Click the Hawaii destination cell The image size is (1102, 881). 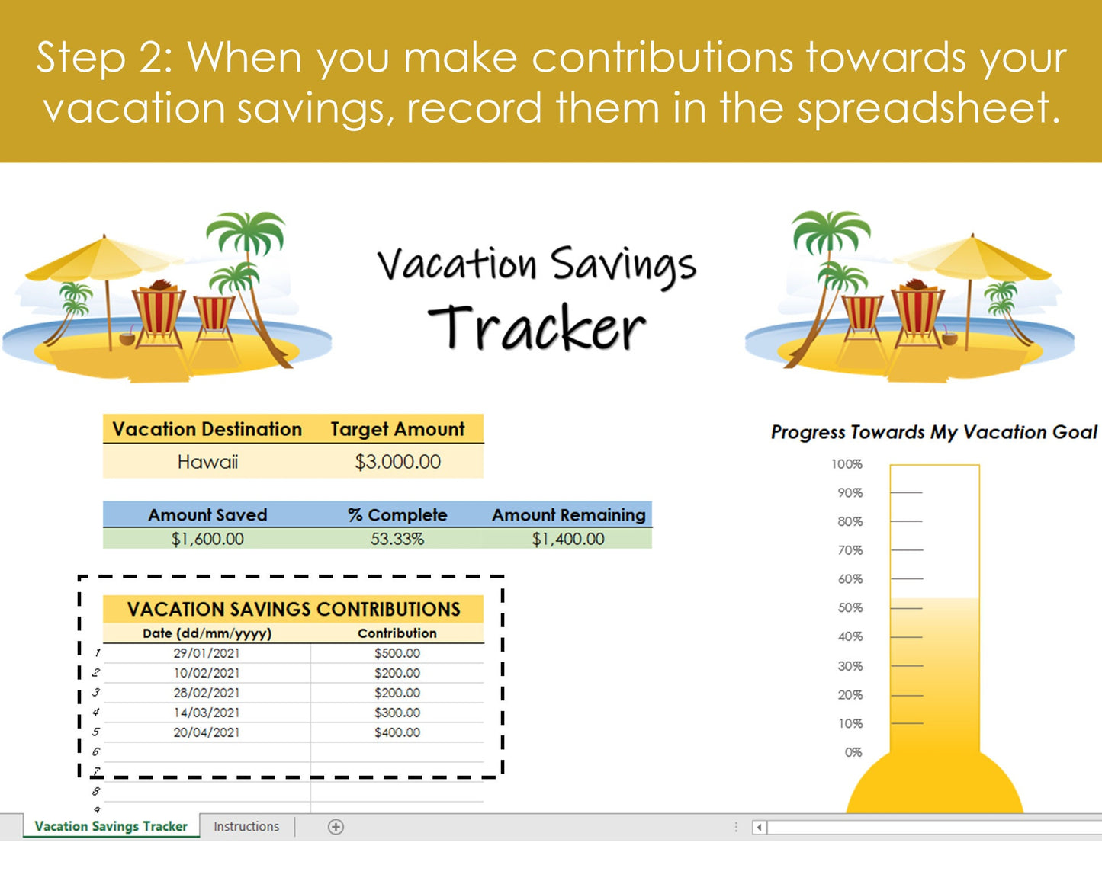pos(207,462)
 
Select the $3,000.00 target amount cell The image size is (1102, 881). pos(397,462)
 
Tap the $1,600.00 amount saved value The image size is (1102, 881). pos(207,539)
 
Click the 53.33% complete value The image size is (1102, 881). pos(397,539)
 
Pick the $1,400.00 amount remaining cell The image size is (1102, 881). pos(568,539)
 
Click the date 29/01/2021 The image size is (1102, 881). pos(206,653)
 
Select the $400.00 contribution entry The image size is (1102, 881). pos(397,732)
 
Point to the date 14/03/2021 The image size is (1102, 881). pos(206,713)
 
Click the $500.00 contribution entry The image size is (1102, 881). pos(397,653)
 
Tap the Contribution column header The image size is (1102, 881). pos(397,633)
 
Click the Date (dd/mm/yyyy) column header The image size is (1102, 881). pos(207,633)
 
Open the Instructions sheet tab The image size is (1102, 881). pos(246,826)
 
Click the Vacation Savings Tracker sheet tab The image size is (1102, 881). pos(111,826)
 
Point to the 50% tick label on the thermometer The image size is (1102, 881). pos(850,608)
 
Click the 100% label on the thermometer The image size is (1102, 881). pos(847,464)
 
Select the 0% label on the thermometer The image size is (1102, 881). pos(853,752)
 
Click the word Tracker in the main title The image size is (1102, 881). pos(537,328)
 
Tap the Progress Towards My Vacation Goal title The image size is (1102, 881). pos(933,432)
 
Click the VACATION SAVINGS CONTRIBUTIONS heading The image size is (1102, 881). pos(294,609)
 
